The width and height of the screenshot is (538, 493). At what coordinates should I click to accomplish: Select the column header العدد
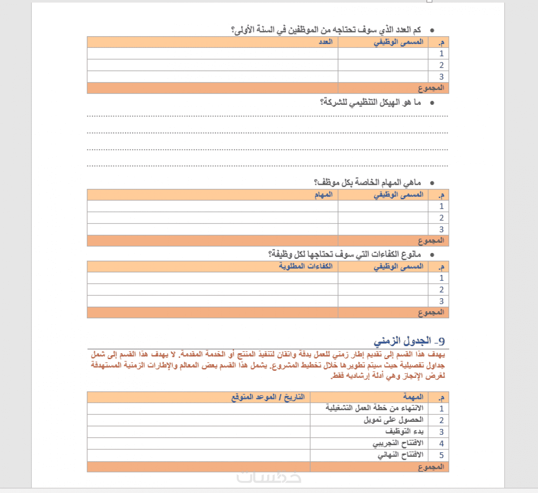[x=325, y=42]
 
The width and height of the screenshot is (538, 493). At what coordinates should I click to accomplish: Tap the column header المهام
[x=323, y=195]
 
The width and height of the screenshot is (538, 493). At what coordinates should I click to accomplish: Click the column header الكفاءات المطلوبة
[x=306, y=266]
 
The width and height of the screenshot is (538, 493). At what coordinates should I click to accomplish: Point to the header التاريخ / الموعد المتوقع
[x=268, y=397]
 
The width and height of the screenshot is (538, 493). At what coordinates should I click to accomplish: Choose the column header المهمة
[x=413, y=397]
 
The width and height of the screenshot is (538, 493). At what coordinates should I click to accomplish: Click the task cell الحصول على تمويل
[x=393, y=420]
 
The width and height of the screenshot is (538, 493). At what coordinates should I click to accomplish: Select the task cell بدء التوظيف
[x=404, y=432]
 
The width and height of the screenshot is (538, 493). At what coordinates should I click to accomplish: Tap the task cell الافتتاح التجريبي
[x=398, y=443]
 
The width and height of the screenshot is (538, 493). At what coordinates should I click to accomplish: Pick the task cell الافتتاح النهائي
[x=400, y=455]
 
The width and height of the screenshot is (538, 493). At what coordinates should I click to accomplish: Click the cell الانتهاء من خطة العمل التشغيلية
[x=374, y=408]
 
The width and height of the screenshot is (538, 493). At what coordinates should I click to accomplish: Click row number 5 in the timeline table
[x=441, y=455]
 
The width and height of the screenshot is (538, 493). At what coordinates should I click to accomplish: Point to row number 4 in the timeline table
[x=441, y=443]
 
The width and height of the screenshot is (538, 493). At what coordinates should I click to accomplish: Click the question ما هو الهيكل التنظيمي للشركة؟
[x=370, y=103]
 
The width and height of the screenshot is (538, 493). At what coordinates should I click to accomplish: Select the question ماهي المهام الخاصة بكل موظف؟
[x=367, y=183]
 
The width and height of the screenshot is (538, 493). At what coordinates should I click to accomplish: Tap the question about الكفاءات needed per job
[x=344, y=254]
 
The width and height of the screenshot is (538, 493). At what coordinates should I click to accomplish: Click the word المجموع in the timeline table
[x=431, y=467]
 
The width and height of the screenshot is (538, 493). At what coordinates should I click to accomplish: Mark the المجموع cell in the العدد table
[x=431, y=88]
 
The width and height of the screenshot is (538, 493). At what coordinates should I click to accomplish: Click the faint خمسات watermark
[x=269, y=477]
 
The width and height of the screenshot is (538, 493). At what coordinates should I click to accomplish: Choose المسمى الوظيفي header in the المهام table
[x=398, y=195]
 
